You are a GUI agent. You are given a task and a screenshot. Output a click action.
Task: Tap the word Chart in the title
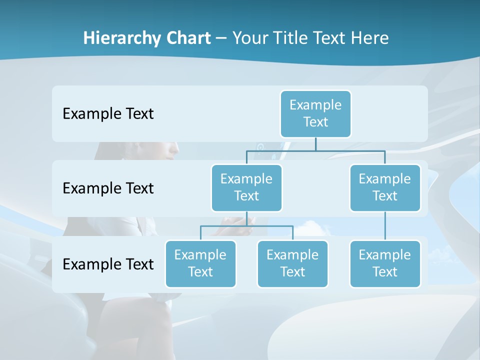(x=188, y=38)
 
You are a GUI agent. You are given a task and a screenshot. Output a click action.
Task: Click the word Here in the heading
(x=370, y=38)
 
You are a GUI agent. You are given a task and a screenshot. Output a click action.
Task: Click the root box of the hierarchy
(x=315, y=114)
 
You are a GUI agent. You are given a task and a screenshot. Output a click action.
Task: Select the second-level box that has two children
(x=246, y=188)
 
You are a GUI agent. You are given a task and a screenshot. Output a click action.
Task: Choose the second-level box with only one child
(x=384, y=188)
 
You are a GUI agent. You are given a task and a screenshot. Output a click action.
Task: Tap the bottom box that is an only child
(x=384, y=264)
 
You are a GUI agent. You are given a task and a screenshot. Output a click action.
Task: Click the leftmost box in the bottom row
(x=200, y=264)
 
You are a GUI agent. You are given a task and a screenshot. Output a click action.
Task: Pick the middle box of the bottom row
(x=292, y=264)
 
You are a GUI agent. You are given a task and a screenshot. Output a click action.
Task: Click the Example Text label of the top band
(x=108, y=114)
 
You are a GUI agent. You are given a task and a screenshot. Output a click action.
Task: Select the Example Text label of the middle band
(x=108, y=188)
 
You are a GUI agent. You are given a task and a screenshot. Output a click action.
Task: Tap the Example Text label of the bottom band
(x=108, y=264)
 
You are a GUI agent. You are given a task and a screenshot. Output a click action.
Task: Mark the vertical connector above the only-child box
(x=385, y=226)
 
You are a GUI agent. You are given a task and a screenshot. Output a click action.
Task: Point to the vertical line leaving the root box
(x=315, y=144)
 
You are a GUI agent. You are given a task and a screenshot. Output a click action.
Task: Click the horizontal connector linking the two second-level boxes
(x=315, y=150)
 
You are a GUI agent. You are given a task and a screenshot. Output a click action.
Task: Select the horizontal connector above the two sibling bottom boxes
(x=246, y=226)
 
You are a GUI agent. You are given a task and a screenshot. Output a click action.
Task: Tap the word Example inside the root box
(x=315, y=105)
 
